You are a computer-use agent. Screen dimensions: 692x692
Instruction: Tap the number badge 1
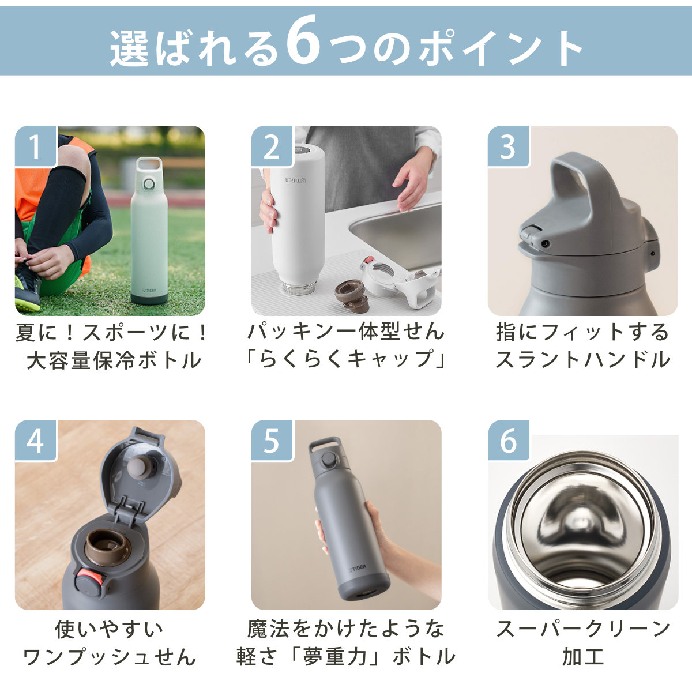pos(35,146)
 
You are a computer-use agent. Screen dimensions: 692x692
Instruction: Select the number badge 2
pos(272,146)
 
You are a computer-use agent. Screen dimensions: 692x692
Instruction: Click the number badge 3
pos(508,146)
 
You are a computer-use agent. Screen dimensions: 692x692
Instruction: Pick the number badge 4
pos(35,441)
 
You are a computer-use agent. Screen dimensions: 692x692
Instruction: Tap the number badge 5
pos(272,441)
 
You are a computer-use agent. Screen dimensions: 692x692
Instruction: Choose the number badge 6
pos(508,441)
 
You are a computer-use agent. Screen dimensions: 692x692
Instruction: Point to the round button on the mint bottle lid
pos(149,185)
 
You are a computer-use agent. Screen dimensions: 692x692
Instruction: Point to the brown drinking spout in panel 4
pos(107,545)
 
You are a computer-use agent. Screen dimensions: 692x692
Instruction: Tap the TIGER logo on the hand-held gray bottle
pos(356,568)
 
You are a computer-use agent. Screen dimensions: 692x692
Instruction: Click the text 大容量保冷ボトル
pos(114,361)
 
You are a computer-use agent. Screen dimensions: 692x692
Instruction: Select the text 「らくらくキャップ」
pos(346,359)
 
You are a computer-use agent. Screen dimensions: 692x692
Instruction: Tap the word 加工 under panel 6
pos(582,657)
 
